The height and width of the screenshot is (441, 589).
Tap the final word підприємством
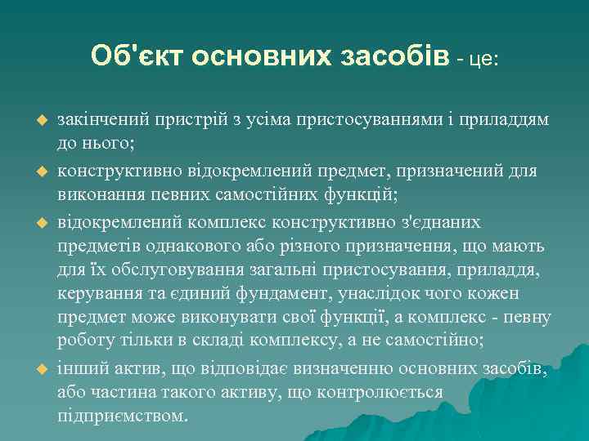122,415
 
